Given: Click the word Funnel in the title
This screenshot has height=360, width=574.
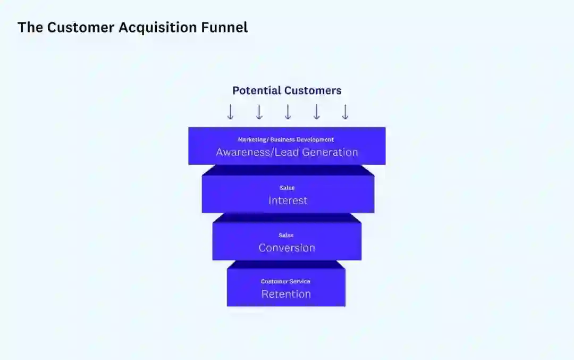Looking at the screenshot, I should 225,28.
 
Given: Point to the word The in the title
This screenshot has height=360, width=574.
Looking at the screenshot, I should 30,28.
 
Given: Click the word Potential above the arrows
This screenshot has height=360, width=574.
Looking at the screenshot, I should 257,90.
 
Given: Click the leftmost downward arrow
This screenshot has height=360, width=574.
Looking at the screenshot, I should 230,112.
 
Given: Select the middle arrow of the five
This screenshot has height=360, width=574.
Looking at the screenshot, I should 288,112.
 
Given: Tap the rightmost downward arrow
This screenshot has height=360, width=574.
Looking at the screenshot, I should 345,112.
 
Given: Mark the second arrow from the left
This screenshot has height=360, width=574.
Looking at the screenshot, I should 259,112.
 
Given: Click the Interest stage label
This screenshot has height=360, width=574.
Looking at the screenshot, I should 288,200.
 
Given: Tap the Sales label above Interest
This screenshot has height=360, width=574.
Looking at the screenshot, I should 287,188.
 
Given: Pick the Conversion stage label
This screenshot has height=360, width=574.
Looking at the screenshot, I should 286,248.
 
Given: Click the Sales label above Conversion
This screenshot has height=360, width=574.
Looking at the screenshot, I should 286,235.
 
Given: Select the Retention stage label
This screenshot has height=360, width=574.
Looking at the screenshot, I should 286,294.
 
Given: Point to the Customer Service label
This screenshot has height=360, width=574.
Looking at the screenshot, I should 285,281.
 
